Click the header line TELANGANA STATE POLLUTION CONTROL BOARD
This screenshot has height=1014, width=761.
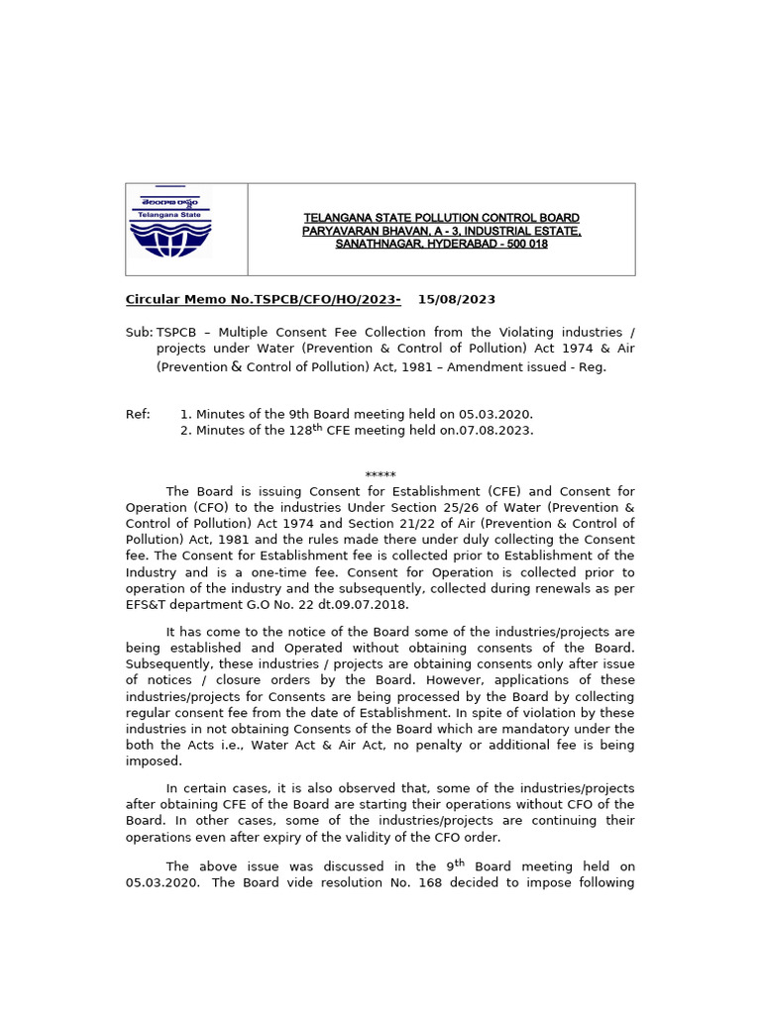[441, 218]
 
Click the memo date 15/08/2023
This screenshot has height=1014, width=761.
[456, 300]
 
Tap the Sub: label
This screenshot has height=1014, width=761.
[139, 333]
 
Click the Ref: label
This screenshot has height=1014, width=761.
[138, 414]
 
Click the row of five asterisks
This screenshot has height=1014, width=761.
[380, 476]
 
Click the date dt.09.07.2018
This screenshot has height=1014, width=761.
[367, 605]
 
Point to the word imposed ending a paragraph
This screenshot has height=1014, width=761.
[154, 761]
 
